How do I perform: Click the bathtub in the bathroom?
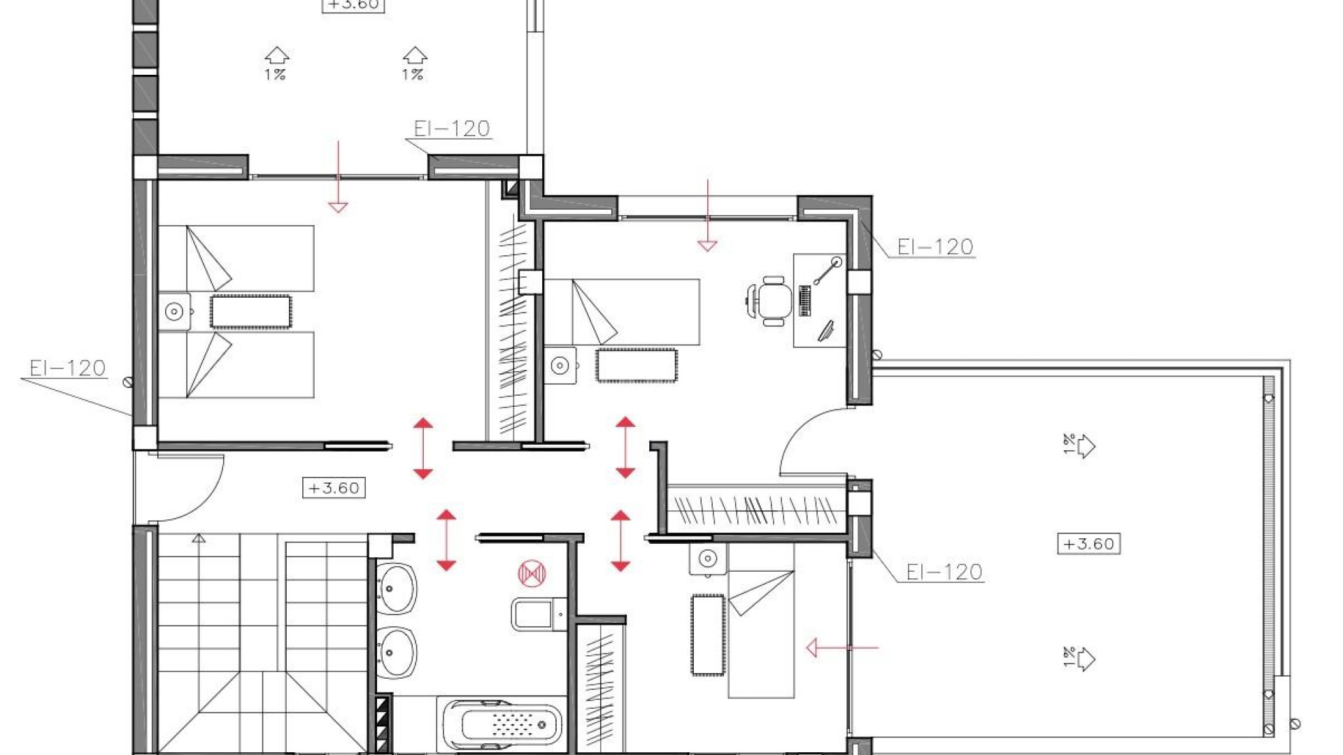tap(502, 723)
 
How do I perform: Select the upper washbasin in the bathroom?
tap(397, 589)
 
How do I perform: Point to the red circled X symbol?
tap(532, 573)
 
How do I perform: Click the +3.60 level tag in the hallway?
tap(334, 488)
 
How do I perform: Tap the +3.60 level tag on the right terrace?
tap(1088, 544)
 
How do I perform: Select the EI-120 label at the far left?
tap(67, 368)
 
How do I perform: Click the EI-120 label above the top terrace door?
tap(451, 129)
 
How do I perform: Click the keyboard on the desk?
tap(804, 300)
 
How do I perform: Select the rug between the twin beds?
tap(250, 312)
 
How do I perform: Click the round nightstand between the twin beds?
tap(174, 312)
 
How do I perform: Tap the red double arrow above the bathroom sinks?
tap(446, 540)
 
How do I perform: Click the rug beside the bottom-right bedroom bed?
tap(707, 635)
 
